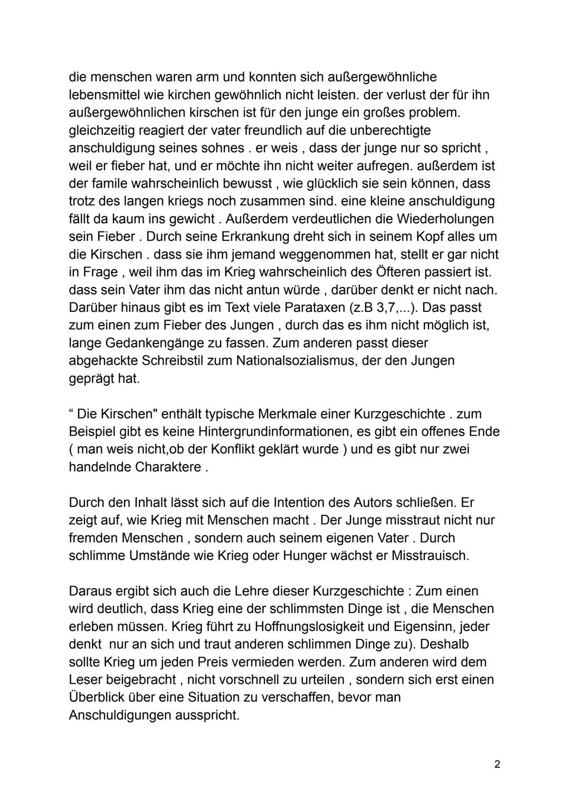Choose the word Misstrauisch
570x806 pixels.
point(430,556)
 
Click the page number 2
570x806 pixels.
point(497,764)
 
